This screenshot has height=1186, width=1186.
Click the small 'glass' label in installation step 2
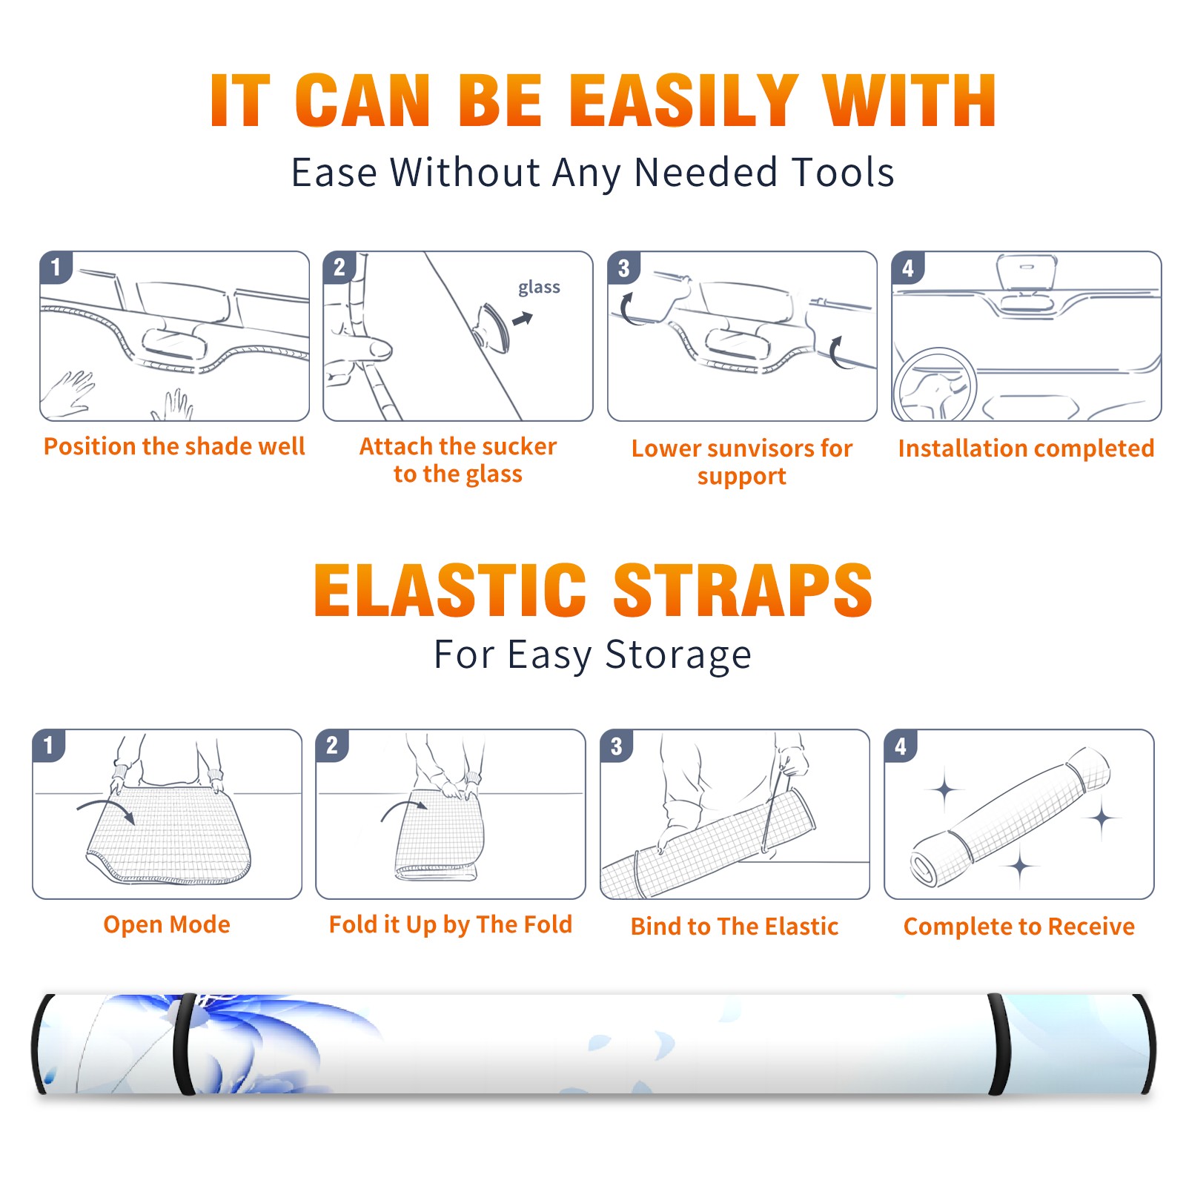(539, 288)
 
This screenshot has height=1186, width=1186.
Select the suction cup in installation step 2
(491, 327)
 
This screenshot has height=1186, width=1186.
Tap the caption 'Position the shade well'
(174, 446)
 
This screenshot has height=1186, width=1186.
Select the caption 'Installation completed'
(1026, 448)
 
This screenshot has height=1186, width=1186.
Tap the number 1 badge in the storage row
(49, 745)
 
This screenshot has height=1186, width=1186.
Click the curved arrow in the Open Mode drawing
(106, 806)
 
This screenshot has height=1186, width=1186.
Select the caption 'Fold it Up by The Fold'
(451, 924)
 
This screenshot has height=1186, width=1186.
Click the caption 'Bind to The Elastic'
(735, 927)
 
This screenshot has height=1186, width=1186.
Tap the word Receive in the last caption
(1091, 927)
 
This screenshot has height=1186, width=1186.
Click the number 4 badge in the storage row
(901, 746)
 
